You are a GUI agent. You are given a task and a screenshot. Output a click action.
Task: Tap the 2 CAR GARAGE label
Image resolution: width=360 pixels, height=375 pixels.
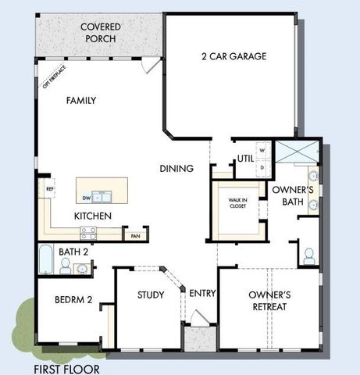tap(233, 56)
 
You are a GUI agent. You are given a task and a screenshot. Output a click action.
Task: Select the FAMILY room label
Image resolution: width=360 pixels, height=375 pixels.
tap(80, 101)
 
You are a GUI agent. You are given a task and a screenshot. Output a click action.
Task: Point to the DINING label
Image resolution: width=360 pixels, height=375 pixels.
tap(176, 168)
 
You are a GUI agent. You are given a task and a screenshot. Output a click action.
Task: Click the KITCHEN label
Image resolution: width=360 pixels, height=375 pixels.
tap(93, 216)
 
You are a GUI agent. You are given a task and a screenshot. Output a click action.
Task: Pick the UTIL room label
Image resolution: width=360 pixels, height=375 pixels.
tap(246, 158)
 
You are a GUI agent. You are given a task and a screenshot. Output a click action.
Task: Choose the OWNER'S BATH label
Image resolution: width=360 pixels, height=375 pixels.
tap(293, 196)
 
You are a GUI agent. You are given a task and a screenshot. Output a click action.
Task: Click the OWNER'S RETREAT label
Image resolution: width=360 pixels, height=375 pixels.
tap(269, 300)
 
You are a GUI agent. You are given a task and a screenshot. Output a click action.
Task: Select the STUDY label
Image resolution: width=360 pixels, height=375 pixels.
tap(151, 295)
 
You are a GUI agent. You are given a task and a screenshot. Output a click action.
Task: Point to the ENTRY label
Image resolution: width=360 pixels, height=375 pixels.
tap(202, 293)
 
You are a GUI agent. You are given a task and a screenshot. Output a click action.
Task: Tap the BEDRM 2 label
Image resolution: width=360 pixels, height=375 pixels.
tap(74, 300)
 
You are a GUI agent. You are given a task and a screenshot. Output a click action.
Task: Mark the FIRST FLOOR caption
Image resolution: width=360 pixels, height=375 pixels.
tap(66, 369)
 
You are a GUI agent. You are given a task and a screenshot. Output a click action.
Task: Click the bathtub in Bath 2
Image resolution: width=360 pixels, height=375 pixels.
tap(45, 260)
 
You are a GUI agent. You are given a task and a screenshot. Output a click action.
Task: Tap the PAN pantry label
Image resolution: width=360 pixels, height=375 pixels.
tap(135, 235)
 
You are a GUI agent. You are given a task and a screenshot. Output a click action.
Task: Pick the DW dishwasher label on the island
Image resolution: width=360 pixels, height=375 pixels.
tap(87, 198)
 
